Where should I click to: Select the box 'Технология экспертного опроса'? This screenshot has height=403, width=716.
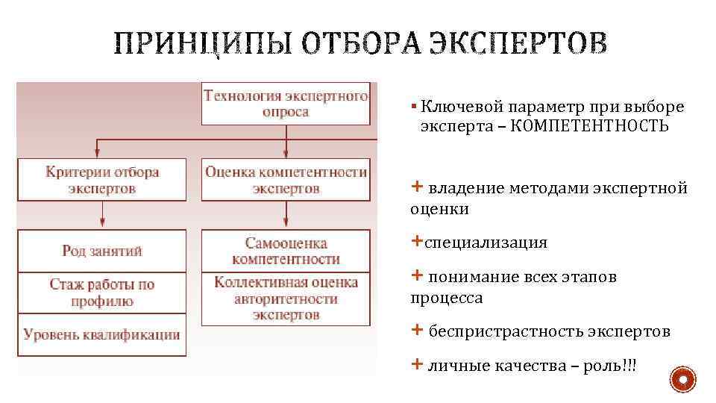point(286,103)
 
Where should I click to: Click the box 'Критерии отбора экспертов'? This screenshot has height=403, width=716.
point(102,180)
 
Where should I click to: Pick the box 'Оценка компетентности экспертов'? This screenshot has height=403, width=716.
point(286,180)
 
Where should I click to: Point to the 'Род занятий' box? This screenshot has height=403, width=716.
point(102,251)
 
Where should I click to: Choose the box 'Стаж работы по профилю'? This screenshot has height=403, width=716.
point(102,293)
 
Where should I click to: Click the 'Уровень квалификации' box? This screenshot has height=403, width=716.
point(102,334)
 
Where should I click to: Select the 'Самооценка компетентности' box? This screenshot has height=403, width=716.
point(286,251)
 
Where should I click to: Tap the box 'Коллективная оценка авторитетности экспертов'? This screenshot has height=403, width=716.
point(286,299)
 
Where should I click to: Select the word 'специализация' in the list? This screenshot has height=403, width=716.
point(486,243)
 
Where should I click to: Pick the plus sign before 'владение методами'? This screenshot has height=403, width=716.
point(416,187)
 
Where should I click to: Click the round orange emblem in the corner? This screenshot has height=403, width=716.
point(682,381)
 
